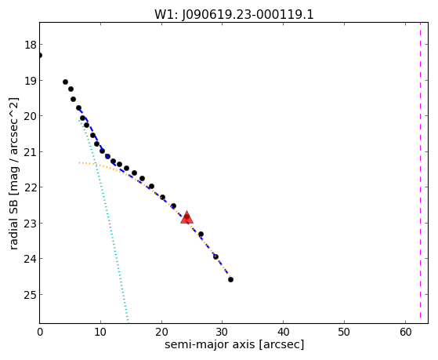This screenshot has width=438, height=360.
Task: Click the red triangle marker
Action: click(x=186, y=217)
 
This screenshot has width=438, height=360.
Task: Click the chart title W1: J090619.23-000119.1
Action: click(x=234, y=15)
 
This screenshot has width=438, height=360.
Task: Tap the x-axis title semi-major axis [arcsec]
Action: click(x=234, y=344)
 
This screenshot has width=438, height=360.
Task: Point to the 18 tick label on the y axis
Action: click(x=31, y=45)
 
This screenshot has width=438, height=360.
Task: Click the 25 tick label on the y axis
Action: click(x=31, y=295)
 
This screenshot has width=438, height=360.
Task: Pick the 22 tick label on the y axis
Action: click(x=31, y=187)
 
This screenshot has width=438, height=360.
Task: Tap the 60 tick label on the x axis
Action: click(x=405, y=332)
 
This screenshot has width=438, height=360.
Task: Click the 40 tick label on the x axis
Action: click(x=283, y=332)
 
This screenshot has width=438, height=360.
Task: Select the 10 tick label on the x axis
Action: click(x=100, y=332)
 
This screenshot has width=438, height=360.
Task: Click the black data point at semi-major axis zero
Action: click(x=40, y=56)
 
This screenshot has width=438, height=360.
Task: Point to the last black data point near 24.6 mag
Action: click(x=230, y=279)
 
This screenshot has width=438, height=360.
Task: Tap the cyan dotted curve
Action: click(x=104, y=196)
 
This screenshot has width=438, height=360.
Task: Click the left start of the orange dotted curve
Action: click(x=79, y=162)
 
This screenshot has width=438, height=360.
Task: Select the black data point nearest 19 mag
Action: click(x=65, y=82)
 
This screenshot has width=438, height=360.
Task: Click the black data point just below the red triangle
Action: click(x=201, y=235)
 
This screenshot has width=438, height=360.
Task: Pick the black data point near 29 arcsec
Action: click(x=215, y=256)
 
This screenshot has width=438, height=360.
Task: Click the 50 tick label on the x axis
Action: click(x=344, y=332)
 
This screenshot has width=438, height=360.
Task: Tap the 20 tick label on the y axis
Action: click(x=31, y=116)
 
